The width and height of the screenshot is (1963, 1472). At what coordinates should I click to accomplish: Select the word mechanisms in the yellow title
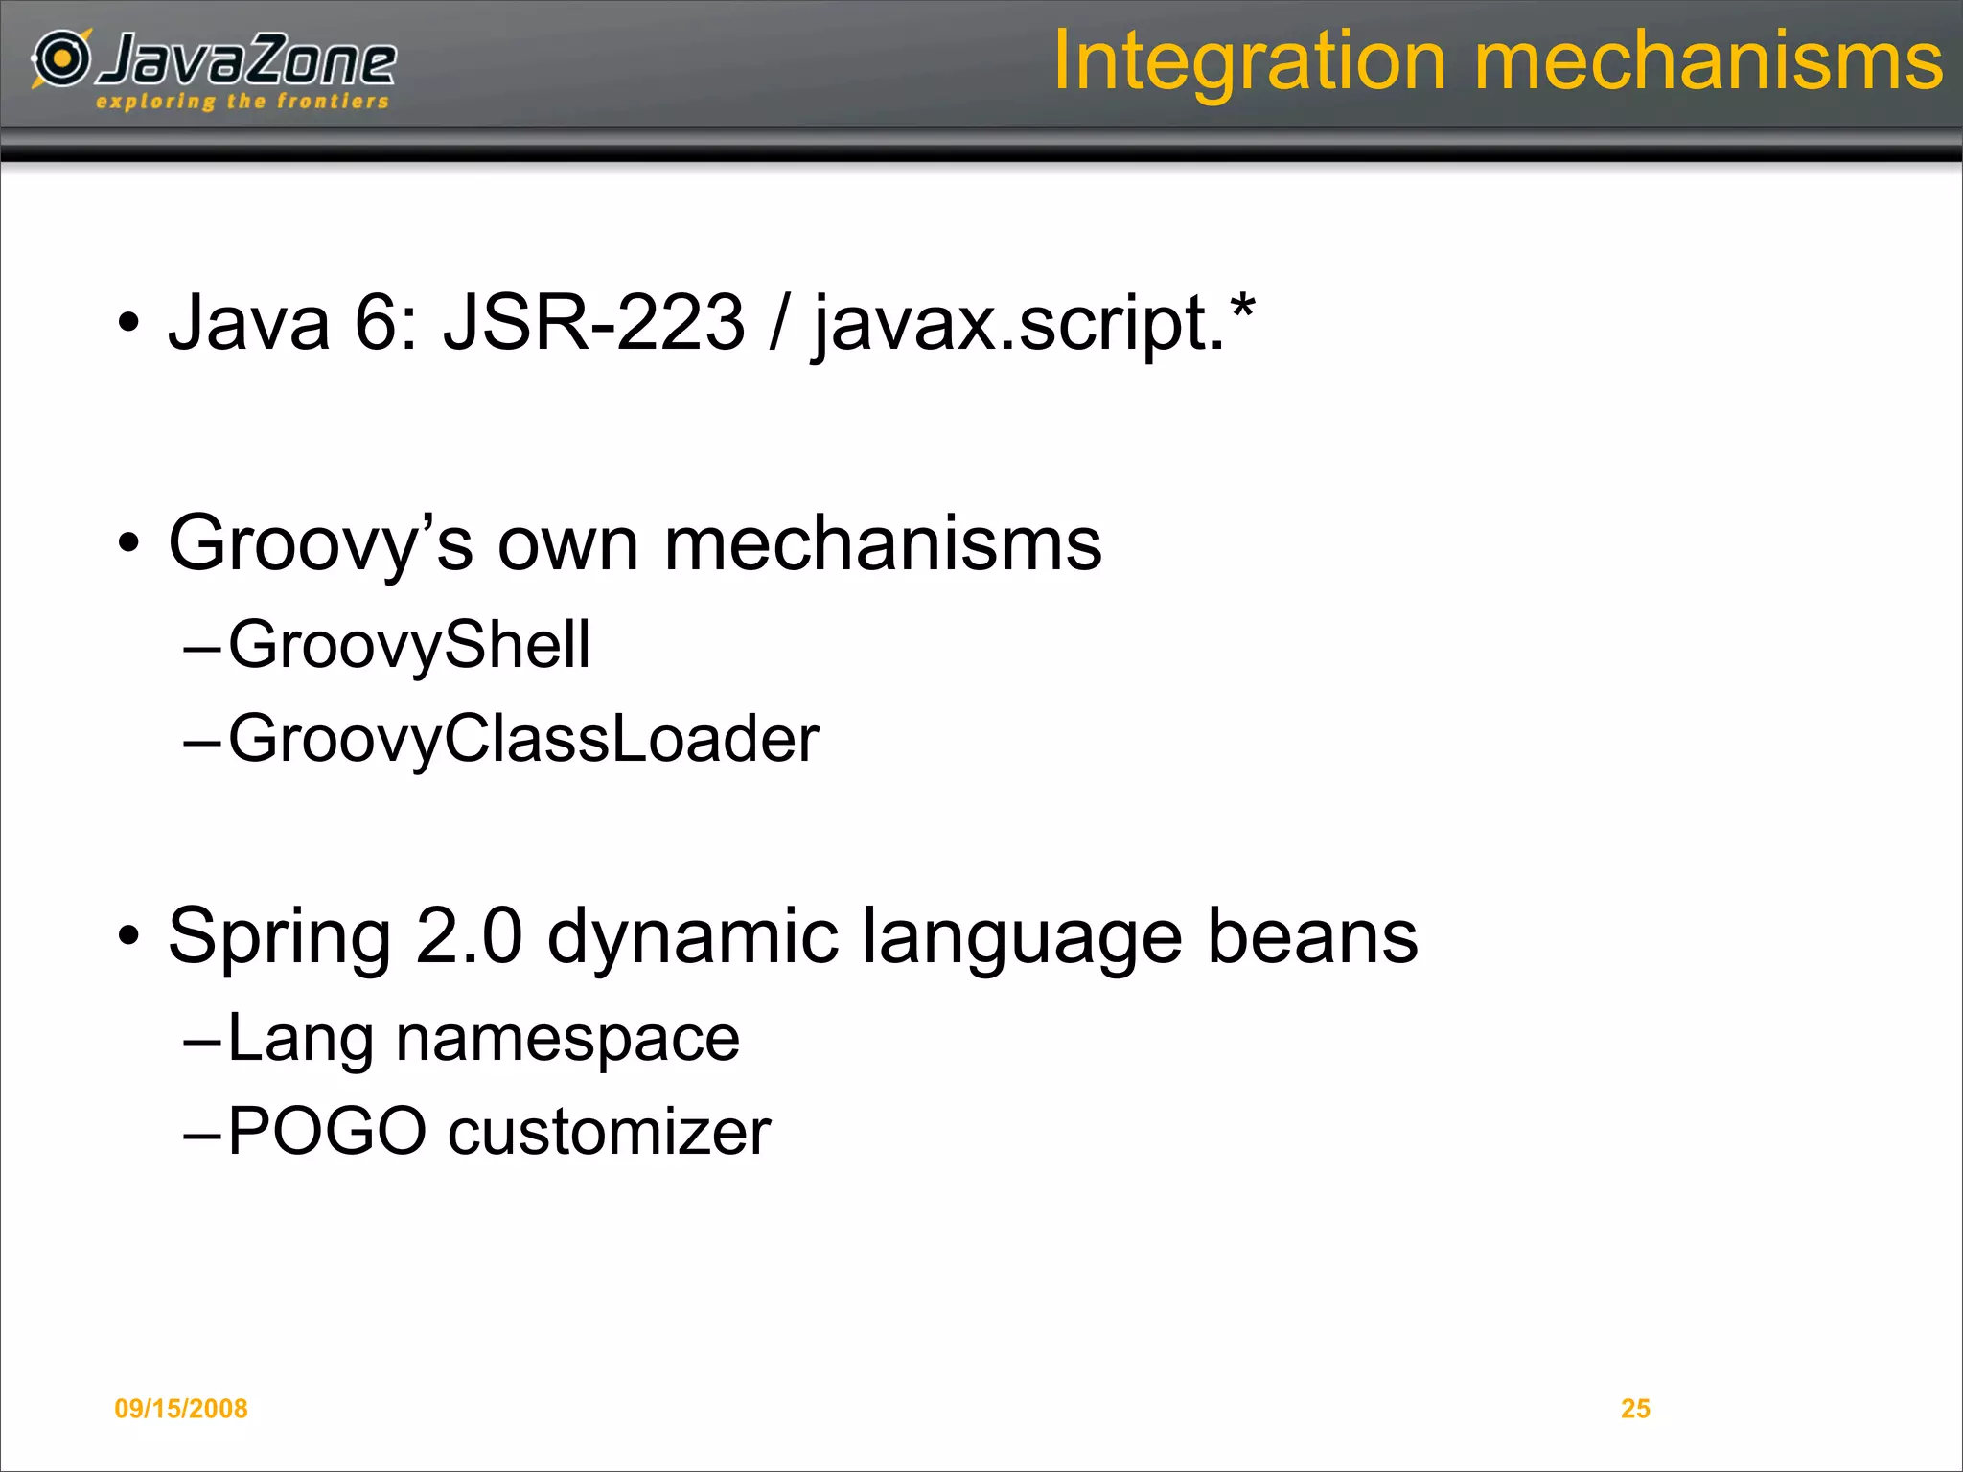pyautogui.click(x=1708, y=61)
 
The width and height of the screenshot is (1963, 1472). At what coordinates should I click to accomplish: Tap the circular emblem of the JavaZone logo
pyautogui.click(x=62, y=58)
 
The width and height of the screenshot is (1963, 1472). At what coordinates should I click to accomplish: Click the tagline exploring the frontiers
pyautogui.click(x=242, y=102)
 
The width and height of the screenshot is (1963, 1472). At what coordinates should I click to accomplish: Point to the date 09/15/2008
pyautogui.click(x=181, y=1408)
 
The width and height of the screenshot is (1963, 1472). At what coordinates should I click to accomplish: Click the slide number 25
pyautogui.click(x=1635, y=1408)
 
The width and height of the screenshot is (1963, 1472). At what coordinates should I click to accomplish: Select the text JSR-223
pyautogui.click(x=593, y=322)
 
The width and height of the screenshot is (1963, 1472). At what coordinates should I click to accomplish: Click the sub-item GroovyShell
pyautogui.click(x=409, y=645)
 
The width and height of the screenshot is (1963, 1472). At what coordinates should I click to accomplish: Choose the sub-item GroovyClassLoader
pyautogui.click(x=523, y=739)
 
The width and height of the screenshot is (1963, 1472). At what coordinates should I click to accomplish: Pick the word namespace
pyautogui.click(x=567, y=1039)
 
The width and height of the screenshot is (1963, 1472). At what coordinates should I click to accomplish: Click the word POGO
pyautogui.click(x=327, y=1132)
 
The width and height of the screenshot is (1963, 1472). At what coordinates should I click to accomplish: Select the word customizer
pyautogui.click(x=610, y=1132)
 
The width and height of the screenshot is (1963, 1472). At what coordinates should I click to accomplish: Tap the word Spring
pyautogui.click(x=279, y=937)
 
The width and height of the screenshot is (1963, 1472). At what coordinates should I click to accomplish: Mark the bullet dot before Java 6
pyautogui.click(x=128, y=323)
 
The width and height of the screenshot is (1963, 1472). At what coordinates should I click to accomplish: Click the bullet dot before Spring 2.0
pyautogui.click(x=128, y=934)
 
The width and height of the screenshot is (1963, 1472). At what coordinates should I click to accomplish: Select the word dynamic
pyautogui.click(x=693, y=937)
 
